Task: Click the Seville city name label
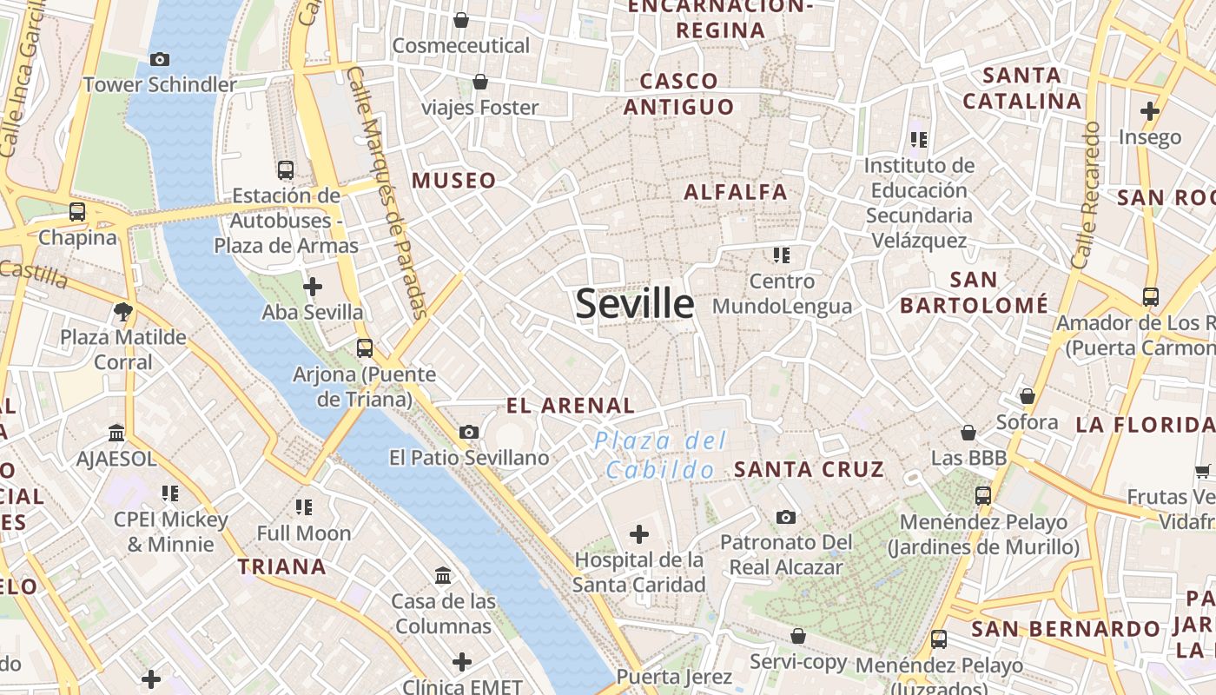[x=635, y=304]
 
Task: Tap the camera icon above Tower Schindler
[x=160, y=59]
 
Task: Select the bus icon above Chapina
[x=77, y=211]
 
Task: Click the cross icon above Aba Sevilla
[x=313, y=286]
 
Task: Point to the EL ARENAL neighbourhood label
[x=571, y=405]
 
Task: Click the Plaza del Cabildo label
[x=660, y=455]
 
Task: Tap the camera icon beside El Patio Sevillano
[x=469, y=432]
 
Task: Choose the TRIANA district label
[x=282, y=567]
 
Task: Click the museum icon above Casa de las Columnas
[x=443, y=575]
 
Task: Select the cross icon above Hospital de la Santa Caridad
[x=639, y=533]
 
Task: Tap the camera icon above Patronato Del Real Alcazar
[x=786, y=517]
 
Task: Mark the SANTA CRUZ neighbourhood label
[x=809, y=469]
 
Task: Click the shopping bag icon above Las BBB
[x=968, y=432]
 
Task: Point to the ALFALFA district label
[x=736, y=192]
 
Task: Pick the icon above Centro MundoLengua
[x=782, y=255]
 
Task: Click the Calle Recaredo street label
[x=1087, y=195]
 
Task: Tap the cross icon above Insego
[x=1150, y=111]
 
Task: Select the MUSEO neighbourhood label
[x=454, y=181]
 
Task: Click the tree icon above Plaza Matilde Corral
[x=123, y=311]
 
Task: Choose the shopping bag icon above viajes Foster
[x=480, y=82]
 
